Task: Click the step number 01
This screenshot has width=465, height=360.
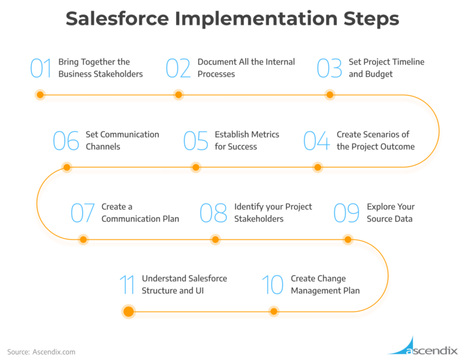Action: pos(41,68)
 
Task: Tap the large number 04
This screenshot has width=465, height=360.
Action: pos(317,141)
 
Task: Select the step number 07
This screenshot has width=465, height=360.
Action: pos(83,213)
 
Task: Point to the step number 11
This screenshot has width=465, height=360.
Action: pos(127,285)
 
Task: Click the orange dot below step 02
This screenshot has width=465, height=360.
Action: pos(178,95)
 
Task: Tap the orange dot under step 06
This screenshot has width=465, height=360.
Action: pos(67,167)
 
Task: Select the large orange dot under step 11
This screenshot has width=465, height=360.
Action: pos(128,312)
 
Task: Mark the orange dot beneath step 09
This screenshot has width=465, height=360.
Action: pos(348,239)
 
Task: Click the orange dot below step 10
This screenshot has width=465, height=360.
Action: pos(274,312)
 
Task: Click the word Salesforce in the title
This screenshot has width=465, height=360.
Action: pos(117,18)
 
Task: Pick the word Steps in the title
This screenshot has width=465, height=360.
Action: pos(371,19)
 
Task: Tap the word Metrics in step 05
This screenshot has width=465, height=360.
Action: pos(263,135)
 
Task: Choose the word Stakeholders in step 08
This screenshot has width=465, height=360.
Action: pos(259,219)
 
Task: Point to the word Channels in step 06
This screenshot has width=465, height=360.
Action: pos(103,147)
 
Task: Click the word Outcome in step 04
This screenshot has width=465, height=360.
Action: pos(397,147)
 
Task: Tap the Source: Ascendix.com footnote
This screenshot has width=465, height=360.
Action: pos(41,352)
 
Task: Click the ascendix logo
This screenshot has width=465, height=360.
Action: pos(423,346)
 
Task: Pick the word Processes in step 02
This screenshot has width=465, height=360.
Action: pos(216,74)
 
